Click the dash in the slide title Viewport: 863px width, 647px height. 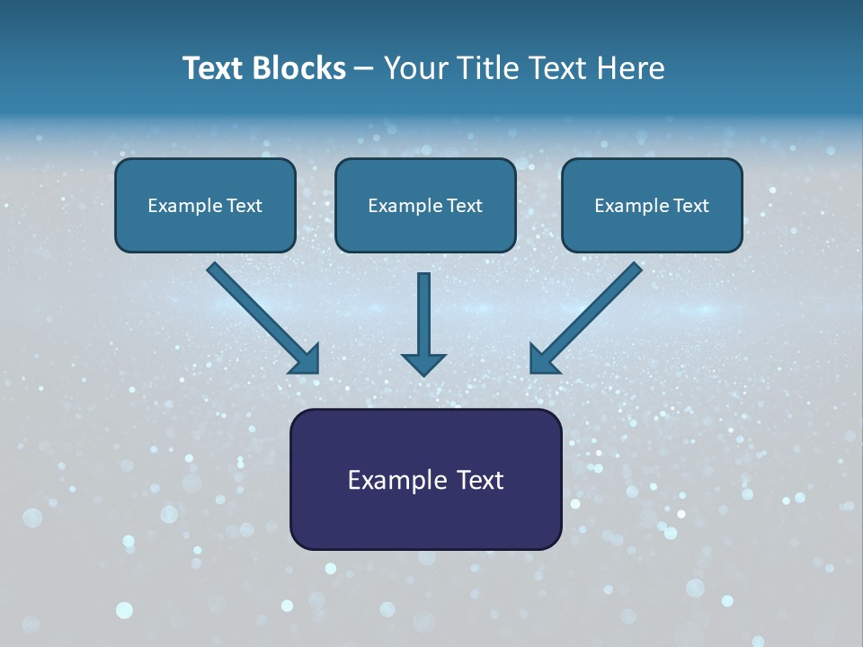[364, 68]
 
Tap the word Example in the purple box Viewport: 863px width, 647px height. [391, 480]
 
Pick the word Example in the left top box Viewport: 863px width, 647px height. [178, 206]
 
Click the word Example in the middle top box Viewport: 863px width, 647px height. [398, 206]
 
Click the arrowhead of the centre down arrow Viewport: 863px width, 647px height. [424, 364]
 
